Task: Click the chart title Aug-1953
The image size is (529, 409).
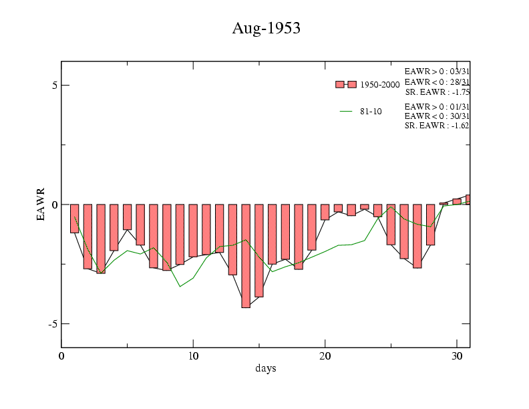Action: click(x=265, y=28)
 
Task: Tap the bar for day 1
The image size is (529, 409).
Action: click(x=74, y=219)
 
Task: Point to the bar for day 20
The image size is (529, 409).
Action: click(x=325, y=212)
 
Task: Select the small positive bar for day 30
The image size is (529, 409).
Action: click(x=457, y=201)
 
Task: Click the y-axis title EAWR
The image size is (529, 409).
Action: click(x=41, y=204)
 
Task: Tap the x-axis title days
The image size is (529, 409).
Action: click(x=265, y=368)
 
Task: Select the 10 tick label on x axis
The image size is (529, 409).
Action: click(x=193, y=356)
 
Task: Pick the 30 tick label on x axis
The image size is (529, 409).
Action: click(x=457, y=356)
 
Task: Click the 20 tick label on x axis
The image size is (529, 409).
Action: click(x=325, y=356)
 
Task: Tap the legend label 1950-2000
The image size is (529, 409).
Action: click(x=379, y=85)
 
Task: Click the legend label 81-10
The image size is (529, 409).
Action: click(x=371, y=112)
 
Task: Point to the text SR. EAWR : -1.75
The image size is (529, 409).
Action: click(x=437, y=92)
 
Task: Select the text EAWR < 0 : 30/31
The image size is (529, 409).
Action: click(x=437, y=116)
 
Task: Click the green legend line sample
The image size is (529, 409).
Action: click(x=346, y=112)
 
